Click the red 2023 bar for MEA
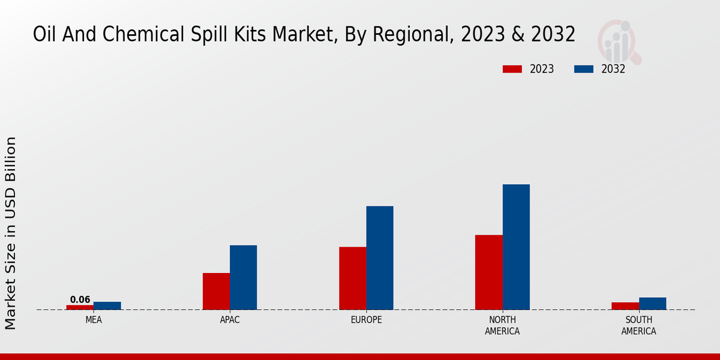coord(80,307)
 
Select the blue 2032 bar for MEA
coord(107,305)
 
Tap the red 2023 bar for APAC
coord(216,291)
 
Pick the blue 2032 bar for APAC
coord(243,277)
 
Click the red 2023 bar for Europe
coord(353,278)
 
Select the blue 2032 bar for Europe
coord(380,258)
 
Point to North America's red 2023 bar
coord(489,272)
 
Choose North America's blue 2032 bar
coord(516,247)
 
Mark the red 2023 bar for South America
coord(625,306)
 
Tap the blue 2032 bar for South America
coord(652,304)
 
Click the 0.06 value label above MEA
coord(80,300)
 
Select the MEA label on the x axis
coord(94,320)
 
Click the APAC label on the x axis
coord(230,320)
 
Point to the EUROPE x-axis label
coord(366,320)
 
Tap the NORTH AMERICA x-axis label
coord(503,325)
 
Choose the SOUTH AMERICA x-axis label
coord(638,325)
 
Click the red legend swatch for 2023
coord(512,69)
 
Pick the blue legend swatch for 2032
coord(584,69)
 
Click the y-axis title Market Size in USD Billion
coord(11,233)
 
